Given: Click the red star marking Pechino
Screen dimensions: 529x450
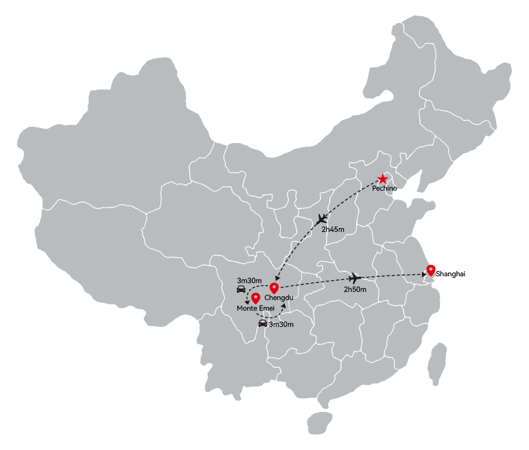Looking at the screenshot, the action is (x=383, y=179).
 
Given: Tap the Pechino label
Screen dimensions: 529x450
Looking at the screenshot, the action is (x=384, y=188).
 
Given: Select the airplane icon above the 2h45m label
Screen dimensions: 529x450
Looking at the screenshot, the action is (x=322, y=219).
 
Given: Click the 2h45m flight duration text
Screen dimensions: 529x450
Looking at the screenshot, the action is (x=332, y=229).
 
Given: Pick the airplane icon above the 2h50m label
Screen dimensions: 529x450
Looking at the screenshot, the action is (x=354, y=278).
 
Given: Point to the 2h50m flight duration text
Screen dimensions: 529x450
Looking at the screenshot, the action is (x=355, y=289).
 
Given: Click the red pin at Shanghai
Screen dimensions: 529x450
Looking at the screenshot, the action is (x=431, y=271).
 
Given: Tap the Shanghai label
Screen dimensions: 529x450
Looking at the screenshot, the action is (x=450, y=274).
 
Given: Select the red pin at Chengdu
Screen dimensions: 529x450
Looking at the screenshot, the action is (x=274, y=288).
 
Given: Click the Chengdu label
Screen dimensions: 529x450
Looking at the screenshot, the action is (x=279, y=297).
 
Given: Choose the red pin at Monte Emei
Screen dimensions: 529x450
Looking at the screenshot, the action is (x=255, y=298).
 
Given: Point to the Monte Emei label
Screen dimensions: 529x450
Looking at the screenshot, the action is (x=255, y=308).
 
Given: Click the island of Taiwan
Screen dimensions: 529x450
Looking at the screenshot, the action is (x=437, y=364).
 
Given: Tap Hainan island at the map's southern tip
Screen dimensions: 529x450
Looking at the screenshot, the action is (x=320, y=423).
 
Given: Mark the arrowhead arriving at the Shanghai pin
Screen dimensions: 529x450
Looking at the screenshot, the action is (x=424, y=275).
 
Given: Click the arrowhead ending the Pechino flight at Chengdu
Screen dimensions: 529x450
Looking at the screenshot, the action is (x=277, y=278).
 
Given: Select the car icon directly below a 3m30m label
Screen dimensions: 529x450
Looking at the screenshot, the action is (x=241, y=289).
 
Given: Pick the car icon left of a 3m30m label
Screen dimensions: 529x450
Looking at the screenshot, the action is (x=262, y=324).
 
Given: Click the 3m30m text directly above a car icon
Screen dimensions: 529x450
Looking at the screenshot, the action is (x=249, y=281).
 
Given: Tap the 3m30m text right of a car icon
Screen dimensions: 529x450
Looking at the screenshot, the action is (x=281, y=324).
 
